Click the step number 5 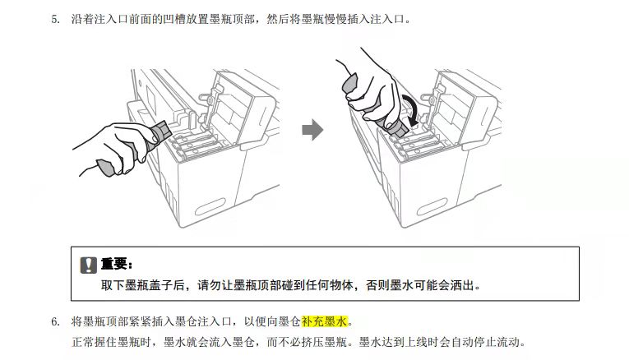(x=55, y=19)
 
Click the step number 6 (x=55, y=321)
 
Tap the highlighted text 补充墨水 (x=324, y=321)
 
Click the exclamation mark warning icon (x=88, y=265)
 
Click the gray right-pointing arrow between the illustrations (x=312, y=130)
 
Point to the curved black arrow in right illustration (x=411, y=108)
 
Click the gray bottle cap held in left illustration (x=105, y=167)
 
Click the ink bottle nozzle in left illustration (x=163, y=130)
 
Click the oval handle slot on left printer (x=210, y=206)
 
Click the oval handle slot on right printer (x=432, y=206)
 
